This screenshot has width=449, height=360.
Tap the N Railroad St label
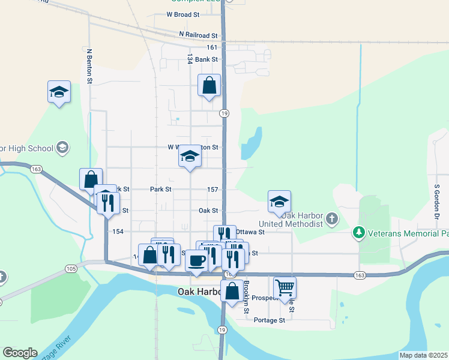click(x=197, y=36)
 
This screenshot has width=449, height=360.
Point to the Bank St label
click(x=206, y=59)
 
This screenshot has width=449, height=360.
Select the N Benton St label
click(x=89, y=66)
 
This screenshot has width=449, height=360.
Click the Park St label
click(x=161, y=189)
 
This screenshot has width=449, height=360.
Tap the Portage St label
click(x=269, y=320)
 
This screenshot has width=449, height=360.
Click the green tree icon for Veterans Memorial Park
click(x=359, y=231)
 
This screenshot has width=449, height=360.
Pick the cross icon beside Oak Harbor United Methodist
click(x=333, y=220)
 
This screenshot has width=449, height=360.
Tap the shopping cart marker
click(x=285, y=287)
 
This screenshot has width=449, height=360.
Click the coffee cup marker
click(x=196, y=260)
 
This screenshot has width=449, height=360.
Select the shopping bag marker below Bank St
click(x=209, y=85)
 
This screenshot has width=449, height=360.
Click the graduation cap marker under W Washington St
click(x=190, y=157)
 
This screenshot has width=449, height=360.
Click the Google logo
click(x=20, y=353)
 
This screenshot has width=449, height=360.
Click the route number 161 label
click(x=211, y=47)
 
